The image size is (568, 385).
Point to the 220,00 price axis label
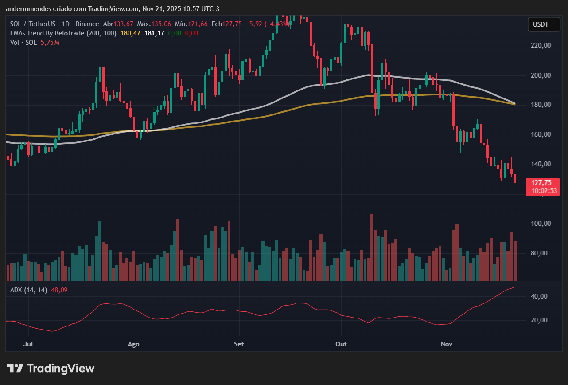pos(541,46)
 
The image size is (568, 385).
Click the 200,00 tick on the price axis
pos(541,75)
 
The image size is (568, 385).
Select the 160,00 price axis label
pos(541,134)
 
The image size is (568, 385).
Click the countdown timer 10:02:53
pos(543,191)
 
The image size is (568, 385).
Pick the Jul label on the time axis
pos(28,344)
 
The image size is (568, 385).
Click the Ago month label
pos(133,344)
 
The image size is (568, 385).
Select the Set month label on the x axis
pos(239,344)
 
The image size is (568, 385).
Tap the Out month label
pos(341,344)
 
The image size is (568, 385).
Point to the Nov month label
pos(447,344)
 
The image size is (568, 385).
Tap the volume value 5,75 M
pos(50,43)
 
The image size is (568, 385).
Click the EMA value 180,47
pos(130,33)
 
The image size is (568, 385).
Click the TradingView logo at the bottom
pos(51,368)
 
